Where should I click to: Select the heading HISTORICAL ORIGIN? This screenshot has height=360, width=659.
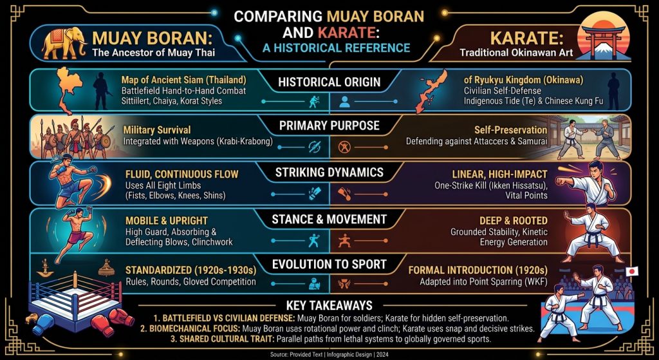[x=329, y=82]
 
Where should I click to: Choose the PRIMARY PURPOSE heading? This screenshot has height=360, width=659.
[x=329, y=126]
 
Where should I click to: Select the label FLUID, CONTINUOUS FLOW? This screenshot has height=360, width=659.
[x=182, y=174]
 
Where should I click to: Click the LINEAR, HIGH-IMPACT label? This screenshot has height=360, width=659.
[x=499, y=174]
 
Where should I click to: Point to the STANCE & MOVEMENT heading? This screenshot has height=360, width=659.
[x=329, y=219]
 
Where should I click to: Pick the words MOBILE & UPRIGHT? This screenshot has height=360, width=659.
[x=167, y=221]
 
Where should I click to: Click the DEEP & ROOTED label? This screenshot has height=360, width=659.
[x=513, y=221]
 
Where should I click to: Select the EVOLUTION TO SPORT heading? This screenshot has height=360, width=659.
[x=329, y=264]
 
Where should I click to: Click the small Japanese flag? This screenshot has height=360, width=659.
[x=632, y=271]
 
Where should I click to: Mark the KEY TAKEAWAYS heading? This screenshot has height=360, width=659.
[x=329, y=305]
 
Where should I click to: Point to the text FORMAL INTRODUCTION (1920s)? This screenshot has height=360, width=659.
[x=478, y=270]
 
